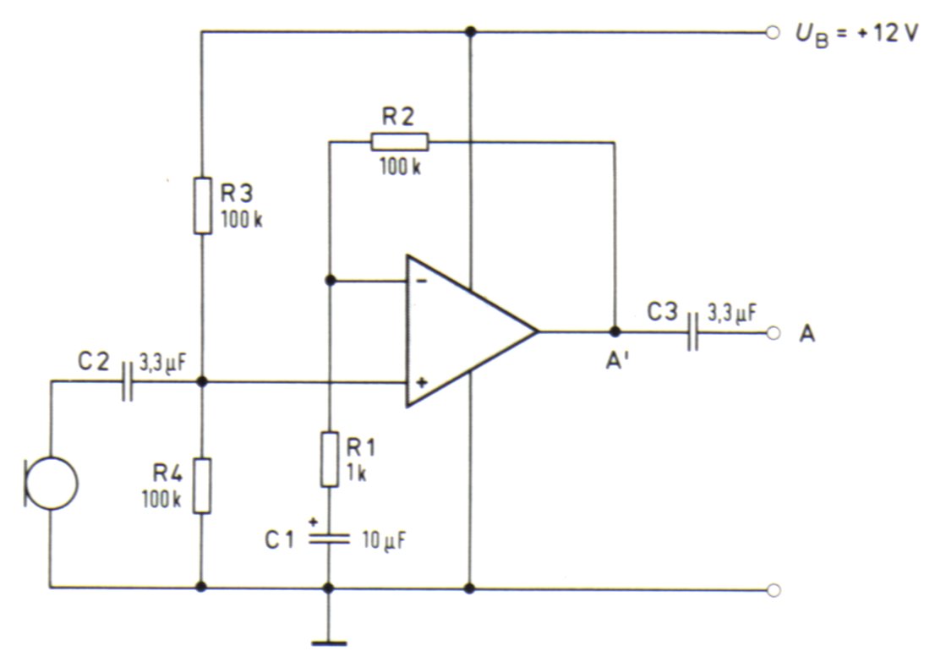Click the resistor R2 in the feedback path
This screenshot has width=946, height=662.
point(399,142)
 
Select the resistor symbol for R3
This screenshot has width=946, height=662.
point(202,205)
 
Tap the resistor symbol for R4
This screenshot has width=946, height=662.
point(202,486)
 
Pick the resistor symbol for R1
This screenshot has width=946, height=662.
point(329,458)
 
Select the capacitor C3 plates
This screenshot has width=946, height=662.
point(692,331)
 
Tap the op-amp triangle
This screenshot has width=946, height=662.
point(472,331)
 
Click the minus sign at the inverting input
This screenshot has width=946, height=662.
point(423,281)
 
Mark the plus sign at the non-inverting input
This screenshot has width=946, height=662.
point(423,382)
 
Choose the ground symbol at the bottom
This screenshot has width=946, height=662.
point(329,644)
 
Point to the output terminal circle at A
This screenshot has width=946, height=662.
point(774,333)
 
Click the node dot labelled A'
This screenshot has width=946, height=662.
point(615,331)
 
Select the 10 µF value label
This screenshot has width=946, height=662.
point(384,540)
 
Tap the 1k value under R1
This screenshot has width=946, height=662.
point(356,473)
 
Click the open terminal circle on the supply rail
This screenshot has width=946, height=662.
point(772,33)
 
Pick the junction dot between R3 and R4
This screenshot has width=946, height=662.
point(202,382)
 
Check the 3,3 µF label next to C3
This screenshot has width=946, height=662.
point(732,314)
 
